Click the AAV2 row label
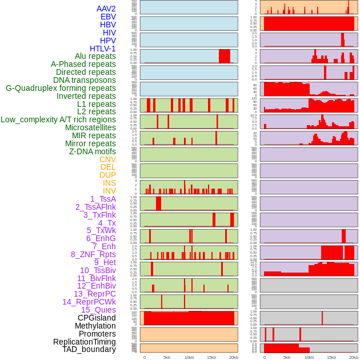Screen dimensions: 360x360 click(106, 9)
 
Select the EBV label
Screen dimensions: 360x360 click(108, 17)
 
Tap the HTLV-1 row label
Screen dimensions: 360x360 click(103, 49)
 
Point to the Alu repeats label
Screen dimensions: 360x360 click(95, 56)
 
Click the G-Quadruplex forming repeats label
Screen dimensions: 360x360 click(61, 88)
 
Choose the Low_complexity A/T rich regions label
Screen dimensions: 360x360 click(58, 119)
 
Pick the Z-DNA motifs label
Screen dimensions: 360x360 click(93, 151)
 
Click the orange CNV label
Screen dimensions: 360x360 click(107, 159)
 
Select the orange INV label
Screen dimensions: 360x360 click(109, 191)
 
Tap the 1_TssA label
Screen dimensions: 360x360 click(103, 199)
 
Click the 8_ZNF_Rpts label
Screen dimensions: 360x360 click(93, 254)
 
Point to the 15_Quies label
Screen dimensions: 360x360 click(98, 310)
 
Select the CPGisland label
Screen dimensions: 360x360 click(97, 318)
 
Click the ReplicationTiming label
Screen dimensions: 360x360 click(85, 342)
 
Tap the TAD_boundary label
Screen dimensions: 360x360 click(89, 349)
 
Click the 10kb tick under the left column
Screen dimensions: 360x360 click(189, 357)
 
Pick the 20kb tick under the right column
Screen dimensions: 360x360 click(354, 357)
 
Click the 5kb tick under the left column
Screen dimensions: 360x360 click(167, 357)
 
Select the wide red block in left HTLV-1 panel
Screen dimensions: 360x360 click(225, 56)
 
